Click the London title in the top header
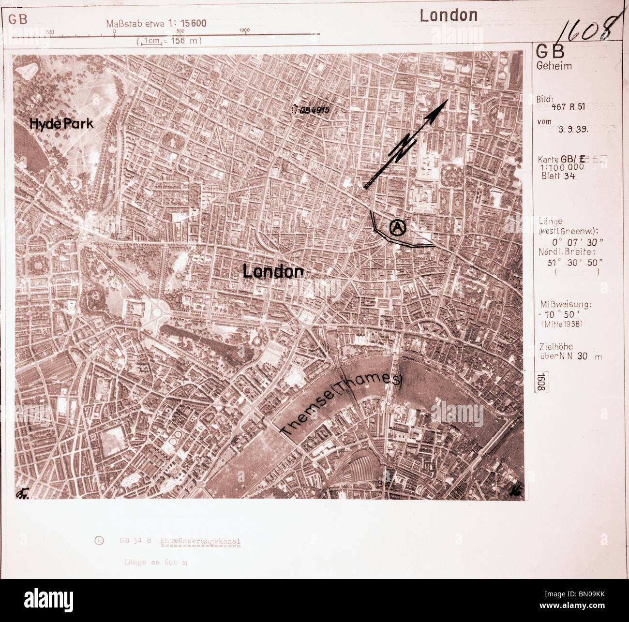click(x=449, y=15)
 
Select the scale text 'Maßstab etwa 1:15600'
click(x=156, y=23)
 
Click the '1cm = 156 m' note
click(x=169, y=41)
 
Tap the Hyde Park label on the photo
click(x=61, y=124)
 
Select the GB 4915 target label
click(x=314, y=110)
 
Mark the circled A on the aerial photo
click(x=398, y=227)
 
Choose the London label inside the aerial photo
click(x=273, y=271)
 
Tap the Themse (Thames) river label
click(x=341, y=405)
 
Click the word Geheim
click(x=554, y=66)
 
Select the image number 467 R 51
click(x=568, y=107)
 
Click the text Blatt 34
click(x=558, y=176)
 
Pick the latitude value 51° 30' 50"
click(x=575, y=262)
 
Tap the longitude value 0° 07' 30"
click(x=577, y=242)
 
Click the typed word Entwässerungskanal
click(x=200, y=542)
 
